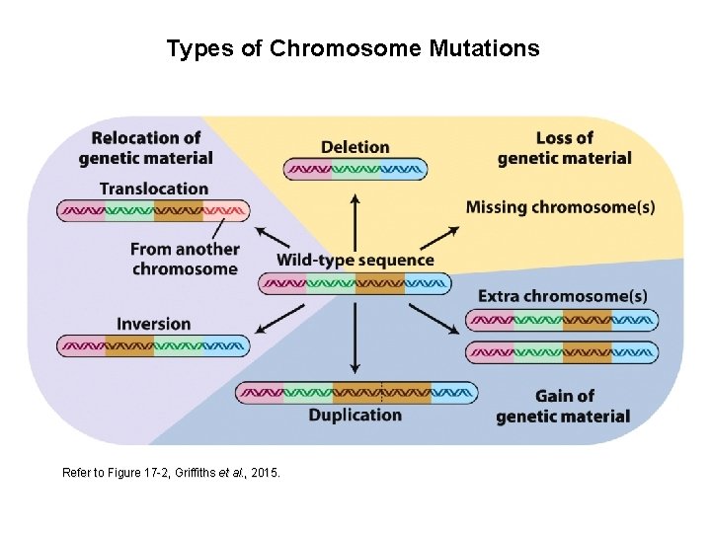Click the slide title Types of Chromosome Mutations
point(354,48)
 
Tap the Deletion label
point(355,147)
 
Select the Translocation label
point(154,189)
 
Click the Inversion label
point(154,324)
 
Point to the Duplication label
point(355,415)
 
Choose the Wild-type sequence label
point(355,261)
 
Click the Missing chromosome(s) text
point(560,207)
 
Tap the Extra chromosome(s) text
point(563,296)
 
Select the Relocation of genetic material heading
point(146,148)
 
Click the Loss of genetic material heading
point(564,148)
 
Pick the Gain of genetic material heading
point(564,406)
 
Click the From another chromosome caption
point(185,260)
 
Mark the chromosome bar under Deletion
point(355,170)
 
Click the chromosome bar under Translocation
point(153,210)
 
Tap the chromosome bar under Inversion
point(154,346)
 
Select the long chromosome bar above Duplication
point(355,393)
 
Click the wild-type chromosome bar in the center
point(355,284)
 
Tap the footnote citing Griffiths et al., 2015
point(172,474)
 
